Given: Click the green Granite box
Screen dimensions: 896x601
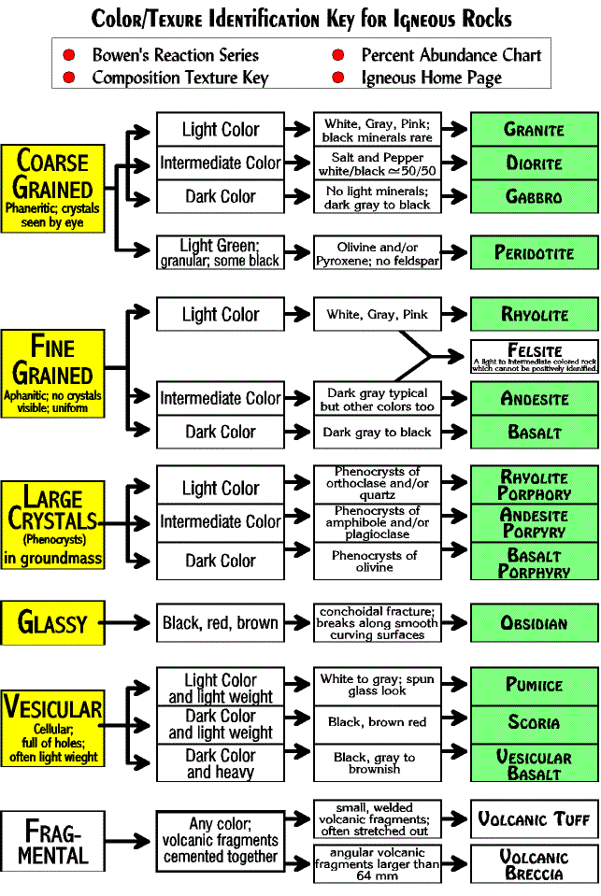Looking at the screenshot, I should [533, 129].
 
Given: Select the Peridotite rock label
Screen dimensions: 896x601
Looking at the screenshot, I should [533, 253].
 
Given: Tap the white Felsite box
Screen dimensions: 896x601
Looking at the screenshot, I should [535, 355].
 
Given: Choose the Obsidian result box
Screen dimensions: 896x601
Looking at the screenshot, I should [533, 622].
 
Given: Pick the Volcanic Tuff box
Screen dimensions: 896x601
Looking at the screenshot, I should [533, 819].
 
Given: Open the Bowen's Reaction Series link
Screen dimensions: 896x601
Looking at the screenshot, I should [175, 55].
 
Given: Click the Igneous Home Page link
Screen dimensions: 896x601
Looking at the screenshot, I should [431, 78].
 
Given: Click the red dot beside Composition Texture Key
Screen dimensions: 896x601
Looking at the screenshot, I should [69, 78].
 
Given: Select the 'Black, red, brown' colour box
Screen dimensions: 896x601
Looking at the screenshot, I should [220, 622].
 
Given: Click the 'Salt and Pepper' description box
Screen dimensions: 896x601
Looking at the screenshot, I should [377, 164].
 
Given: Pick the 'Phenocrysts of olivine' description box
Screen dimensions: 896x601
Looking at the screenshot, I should [377, 561].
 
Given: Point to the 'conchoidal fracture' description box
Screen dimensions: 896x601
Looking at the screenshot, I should [377, 622].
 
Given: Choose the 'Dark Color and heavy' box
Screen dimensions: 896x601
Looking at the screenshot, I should [220, 763].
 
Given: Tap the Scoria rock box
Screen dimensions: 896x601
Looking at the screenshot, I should [533, 723].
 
